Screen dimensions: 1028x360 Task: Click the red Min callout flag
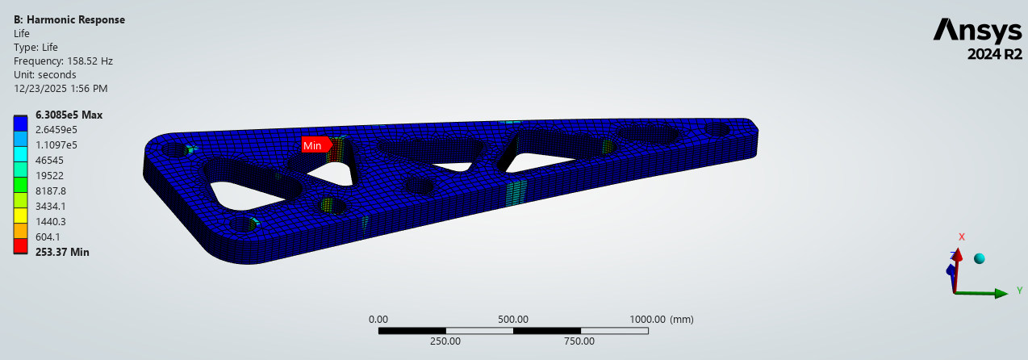316,145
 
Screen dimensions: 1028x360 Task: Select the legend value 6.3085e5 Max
69,115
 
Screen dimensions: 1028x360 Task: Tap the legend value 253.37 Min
62,252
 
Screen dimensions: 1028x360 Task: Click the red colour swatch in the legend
20,245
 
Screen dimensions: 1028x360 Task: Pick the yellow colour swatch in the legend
20,215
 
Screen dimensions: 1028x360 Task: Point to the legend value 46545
49,161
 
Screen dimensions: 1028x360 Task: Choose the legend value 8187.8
51,191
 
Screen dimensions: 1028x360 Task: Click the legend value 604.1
48,237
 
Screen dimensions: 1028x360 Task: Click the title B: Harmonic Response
69,19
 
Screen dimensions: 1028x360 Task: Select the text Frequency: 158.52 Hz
63,61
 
